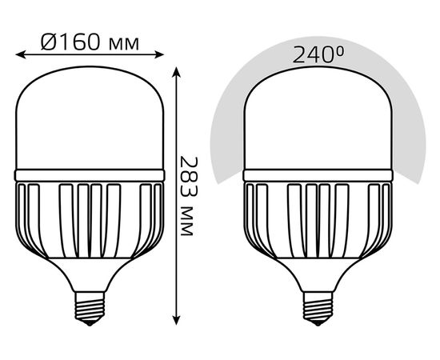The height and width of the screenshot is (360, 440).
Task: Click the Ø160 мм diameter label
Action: tap(90, 42)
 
